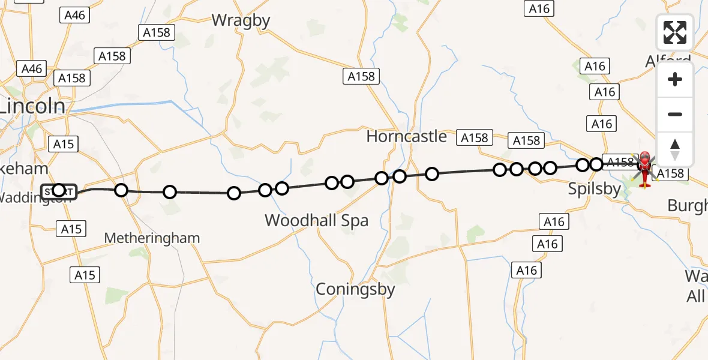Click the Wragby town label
coord(241,20)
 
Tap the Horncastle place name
coord(407,136)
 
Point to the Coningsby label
coord(356,289)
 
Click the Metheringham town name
coord(152,238)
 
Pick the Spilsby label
coord(595,190)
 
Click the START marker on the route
coord(59,192)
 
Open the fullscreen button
coord(675,32)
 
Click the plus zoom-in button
coord(675,79)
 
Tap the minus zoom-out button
coord(675,114)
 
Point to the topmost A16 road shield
coord(539,8)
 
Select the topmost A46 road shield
coord(75,15)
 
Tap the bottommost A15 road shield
coord(85,275)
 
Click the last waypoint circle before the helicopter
coord(596,164)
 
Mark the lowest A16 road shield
coord(526,271)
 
